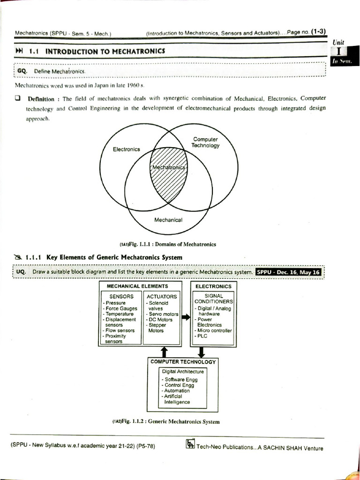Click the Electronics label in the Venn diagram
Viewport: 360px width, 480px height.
click(127, 149)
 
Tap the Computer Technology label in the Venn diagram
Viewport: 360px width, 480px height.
click(205, 142)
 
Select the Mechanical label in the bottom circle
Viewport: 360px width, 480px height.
click(168, 219)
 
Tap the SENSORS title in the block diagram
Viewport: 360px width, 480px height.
click(121, 296)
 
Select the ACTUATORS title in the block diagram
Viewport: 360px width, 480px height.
click(162, 296)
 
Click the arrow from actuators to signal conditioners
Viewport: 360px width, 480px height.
click(186, 317)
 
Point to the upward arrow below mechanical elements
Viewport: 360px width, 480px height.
click(164, 352)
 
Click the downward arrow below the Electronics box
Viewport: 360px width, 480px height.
click(202, 352)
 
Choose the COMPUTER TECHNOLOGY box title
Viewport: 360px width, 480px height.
click(183, 362)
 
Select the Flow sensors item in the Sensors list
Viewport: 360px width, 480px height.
click(120, 330)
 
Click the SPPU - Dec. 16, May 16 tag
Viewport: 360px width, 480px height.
click(288, 272)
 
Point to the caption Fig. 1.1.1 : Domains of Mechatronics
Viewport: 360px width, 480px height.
click(168, 244)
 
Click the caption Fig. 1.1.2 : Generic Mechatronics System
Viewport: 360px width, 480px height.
click(166, 421)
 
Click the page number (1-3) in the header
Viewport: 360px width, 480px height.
click(318, 31)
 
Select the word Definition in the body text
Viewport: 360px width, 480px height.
click(41, 99)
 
